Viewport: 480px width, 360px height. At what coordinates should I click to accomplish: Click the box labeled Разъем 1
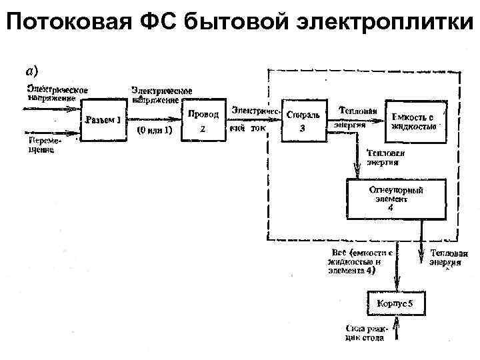[103, 120]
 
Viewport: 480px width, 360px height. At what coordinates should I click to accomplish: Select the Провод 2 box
[203, 121]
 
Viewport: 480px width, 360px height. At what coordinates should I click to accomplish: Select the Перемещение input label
[41, 145]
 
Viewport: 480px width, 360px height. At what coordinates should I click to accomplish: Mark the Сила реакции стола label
[365, 333]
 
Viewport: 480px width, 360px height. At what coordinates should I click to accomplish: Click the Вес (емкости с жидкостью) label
[360, 262]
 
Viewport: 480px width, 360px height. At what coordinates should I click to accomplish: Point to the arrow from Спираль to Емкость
[357, 121]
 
